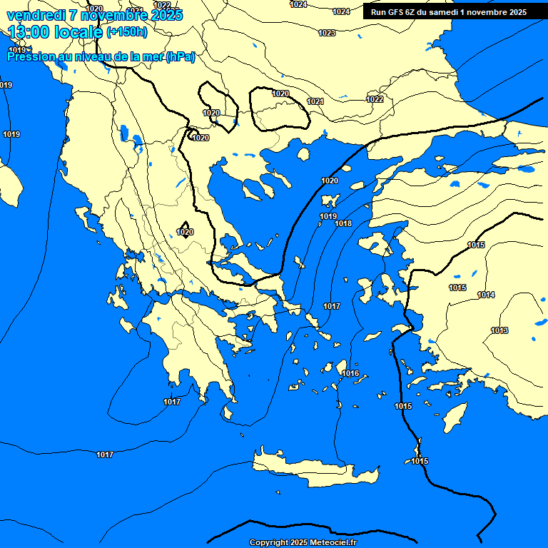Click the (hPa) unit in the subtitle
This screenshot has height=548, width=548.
[x=181, y=57]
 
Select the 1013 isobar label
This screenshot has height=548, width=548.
[x=499, y=330]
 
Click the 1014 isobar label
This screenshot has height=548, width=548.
[x=486, y=295]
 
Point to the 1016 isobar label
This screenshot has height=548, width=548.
[x=350, y=373]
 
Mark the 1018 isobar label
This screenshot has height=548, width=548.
[x=343, y=223]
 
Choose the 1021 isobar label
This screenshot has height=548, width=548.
[x=315, y=101]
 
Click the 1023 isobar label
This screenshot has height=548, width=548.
[x=327, y=33]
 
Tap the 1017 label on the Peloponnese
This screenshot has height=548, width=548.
[x=172, y=402]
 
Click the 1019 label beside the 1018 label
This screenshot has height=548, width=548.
[x=328, y=216]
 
